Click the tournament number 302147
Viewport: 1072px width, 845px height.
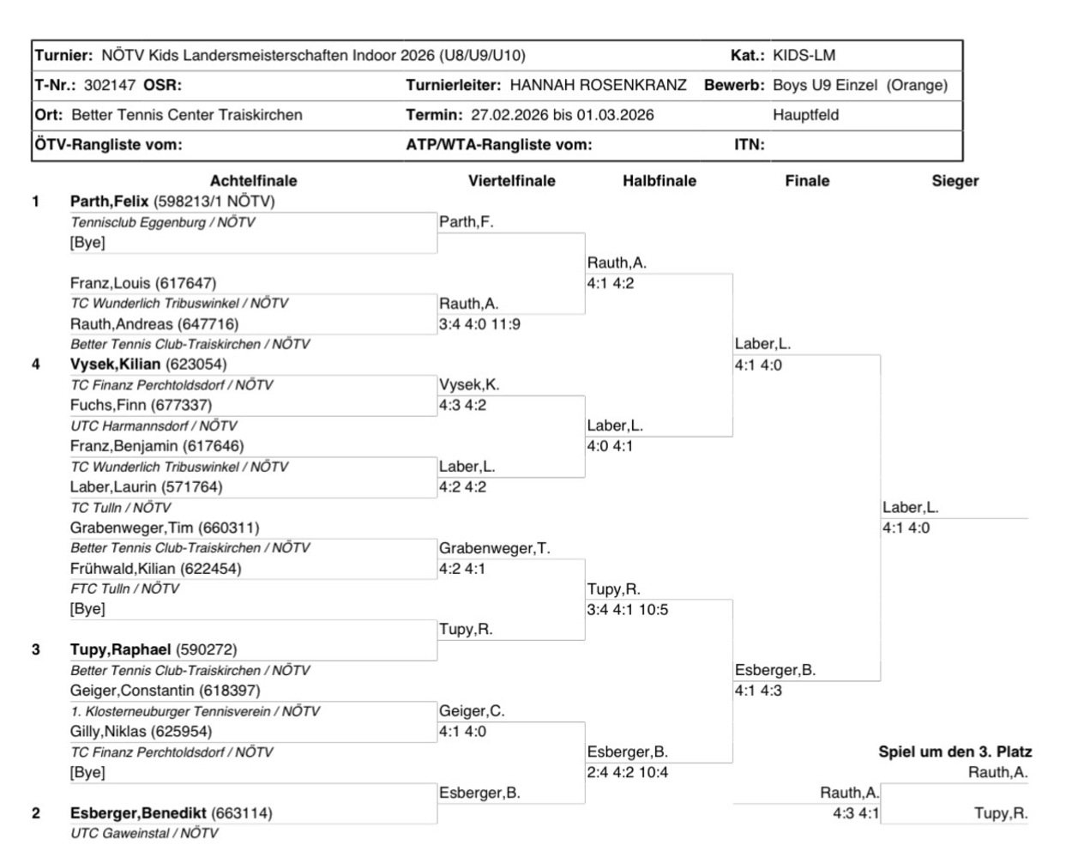click(109, 85)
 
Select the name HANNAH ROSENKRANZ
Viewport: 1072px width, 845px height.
click(598, 85)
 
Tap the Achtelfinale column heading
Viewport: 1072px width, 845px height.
click(253, 181)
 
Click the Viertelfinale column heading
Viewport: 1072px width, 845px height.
click(511, 181)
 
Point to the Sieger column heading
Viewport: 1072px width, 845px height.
click(955, 181)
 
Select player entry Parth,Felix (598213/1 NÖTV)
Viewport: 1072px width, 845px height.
click(172, 202)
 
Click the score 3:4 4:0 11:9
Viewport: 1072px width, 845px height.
click(479, 324)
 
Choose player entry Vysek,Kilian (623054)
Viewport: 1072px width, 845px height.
click(148, 365)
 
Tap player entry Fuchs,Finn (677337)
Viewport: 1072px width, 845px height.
click(141, 405)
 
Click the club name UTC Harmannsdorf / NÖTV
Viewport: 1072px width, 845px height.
click(154, 426)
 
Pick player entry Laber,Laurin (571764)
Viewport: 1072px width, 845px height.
click(146, 486)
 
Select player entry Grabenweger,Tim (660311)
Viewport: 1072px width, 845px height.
click(165, 528)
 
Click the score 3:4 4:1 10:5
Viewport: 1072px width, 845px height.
click(628, 610)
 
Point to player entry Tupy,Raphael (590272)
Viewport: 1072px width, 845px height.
click(154, 649)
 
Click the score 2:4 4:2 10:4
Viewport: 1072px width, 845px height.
click(628, 772)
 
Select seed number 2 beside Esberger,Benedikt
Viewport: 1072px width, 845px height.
click(36, 812)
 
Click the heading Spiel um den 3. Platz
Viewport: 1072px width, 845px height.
click(955, 752)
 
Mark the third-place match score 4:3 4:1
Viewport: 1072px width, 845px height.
click(855, 813)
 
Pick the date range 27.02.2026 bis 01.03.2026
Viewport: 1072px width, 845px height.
click(562, 115)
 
